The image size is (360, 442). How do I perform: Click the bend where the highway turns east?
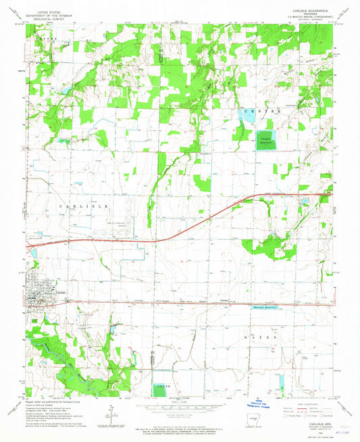[251, 196]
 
